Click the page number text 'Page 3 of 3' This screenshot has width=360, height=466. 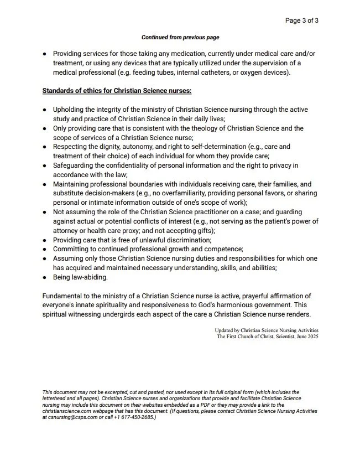tap(301, 21)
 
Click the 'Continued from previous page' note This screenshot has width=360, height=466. tap(180, 38)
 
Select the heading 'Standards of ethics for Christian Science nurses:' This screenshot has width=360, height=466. tap(117, 90)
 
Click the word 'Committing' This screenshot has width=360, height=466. tap(72, 250)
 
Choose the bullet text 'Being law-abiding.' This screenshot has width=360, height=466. tap(81, 277)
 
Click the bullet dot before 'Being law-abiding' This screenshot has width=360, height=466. tap(45, 278)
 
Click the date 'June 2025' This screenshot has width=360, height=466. tap(305, 336)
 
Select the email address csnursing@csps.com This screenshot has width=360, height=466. tap(70, 417)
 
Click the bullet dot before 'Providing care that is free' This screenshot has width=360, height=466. tap(45, 241)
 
